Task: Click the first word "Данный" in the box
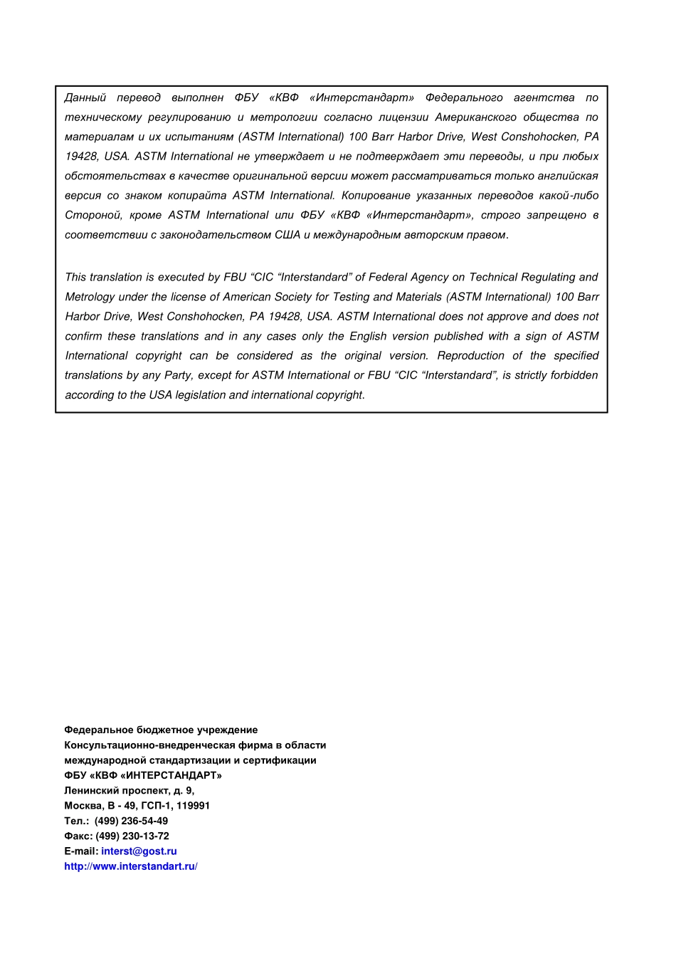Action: (85, 98)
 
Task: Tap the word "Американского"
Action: (475, 117)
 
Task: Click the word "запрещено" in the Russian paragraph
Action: (556, 215)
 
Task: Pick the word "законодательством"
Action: (216, 235)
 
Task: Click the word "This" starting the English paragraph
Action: (76, 278)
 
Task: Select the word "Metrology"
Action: (88, 297)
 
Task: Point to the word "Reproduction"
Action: (470, 356)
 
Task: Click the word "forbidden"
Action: (574, 375)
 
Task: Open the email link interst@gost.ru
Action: (139, 851)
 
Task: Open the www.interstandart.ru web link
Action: (130, 866)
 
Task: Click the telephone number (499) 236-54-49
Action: (131, 821)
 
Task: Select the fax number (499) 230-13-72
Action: (132, 836)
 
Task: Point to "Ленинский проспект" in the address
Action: (117, 791)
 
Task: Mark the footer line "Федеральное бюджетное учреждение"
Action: (161, 730)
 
